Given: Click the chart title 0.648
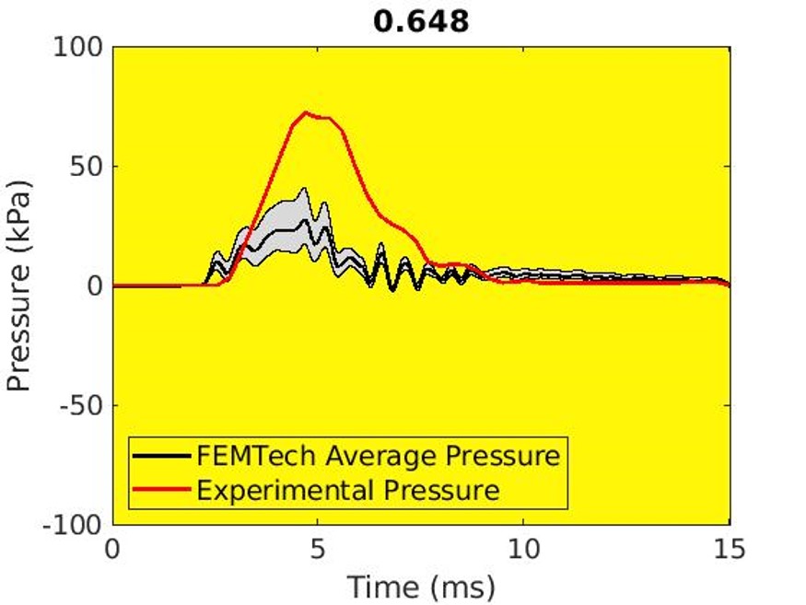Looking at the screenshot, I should pyautogui.click(x=421, y=20).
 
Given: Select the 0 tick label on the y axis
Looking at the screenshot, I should pyautogui.click(x=94, y=286).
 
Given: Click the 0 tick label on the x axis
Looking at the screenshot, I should pyautogui.click(x=113, y=550).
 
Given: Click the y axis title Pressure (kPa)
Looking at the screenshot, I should pyautogui.click(x=20, y=285).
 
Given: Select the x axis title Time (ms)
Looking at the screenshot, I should pyautogui.click(x=421, y=586).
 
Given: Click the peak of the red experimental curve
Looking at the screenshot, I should pyautogui.click(x=305, y=112).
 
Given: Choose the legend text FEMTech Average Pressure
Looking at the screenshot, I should pyautogui.click(x=378, y=456).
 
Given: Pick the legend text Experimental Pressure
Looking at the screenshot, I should pyautogui.click(x=348, y=489).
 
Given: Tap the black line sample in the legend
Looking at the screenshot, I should pyautogui.click(x=162, y=456).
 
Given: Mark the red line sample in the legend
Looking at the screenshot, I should pyautogui.click(x=162, y=489).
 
